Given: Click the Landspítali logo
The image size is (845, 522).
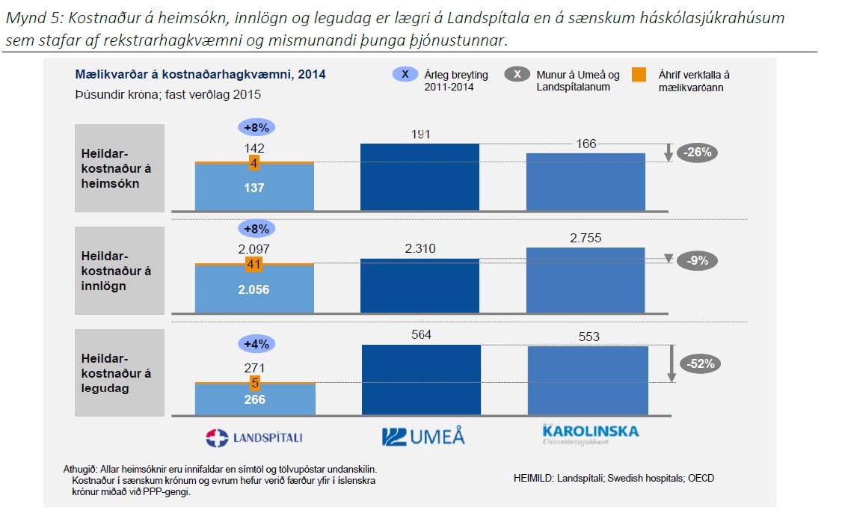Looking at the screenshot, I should coord(254,437).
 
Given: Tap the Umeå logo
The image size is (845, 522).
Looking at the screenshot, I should coord(423,437).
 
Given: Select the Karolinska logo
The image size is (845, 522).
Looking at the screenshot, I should coord(591,435).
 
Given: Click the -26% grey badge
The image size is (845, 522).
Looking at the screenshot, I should coord(698,152).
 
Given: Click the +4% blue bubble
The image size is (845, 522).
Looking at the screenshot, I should coord(255,345).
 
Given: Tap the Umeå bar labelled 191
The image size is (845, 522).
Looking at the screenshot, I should coord(420,176).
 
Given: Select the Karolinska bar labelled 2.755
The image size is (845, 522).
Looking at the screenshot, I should coord(586,280).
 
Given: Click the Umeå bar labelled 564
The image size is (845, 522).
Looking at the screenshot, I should coord(421,379).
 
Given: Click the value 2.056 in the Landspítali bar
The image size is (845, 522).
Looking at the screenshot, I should coord(254,289).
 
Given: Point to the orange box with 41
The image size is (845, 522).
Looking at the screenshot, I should coord(254,264).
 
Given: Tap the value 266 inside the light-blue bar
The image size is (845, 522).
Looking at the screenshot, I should coord(254,399).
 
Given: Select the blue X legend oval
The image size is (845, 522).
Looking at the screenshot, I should coord(405,75).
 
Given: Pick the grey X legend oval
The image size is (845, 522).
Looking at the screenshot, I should coord(517,75).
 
